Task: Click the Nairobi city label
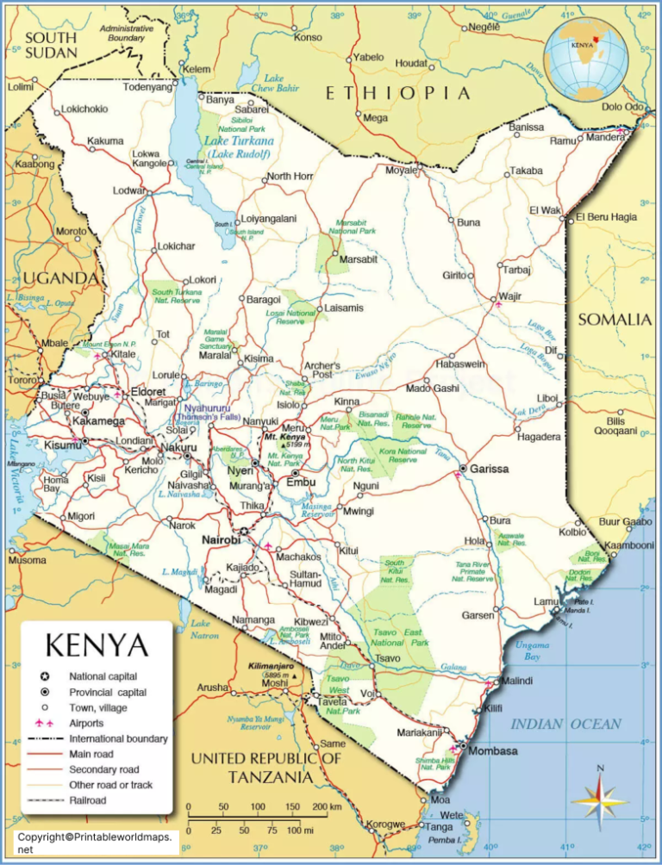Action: (x=220, y=539)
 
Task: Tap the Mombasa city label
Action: (x=493, y=750)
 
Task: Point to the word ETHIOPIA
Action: (x=397, y=93)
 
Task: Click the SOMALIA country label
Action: (x=614, y=320)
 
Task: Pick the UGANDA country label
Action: (x=60, y=277)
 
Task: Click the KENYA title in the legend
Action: (x=96, y=645)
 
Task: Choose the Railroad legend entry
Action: (x=89, y=800)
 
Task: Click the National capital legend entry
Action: (x=103, y=676)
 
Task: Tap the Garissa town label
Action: (x=488, y=469)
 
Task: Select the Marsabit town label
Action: (x=359, y=259)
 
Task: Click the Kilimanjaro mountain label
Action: (x=272, y=667)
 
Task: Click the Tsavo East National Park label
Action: (x=398, y=637)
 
